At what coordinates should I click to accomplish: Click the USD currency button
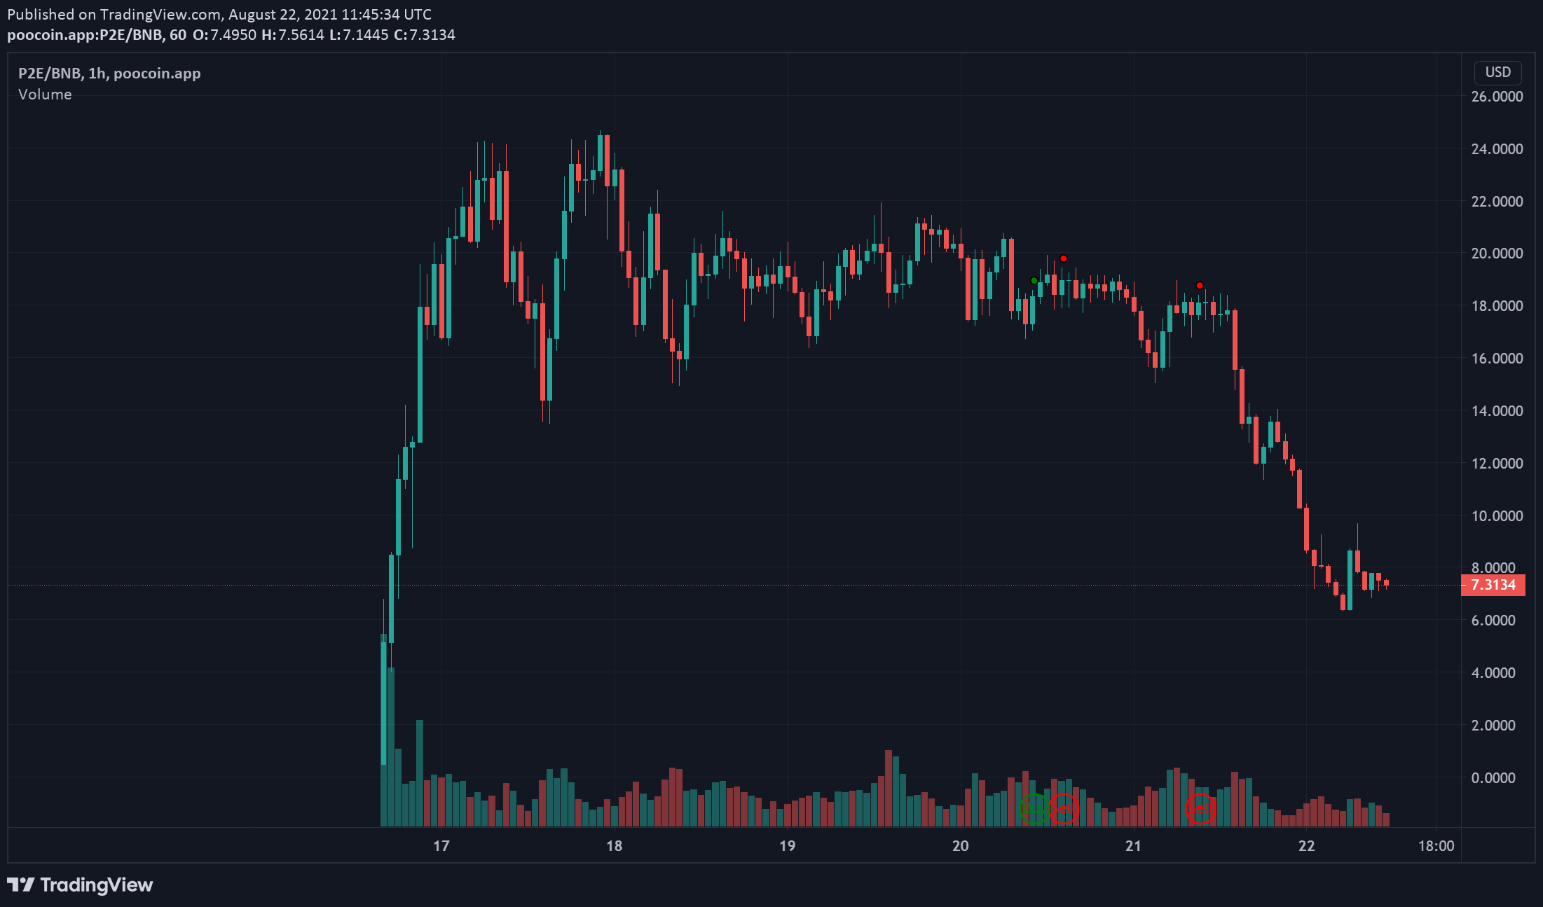pyautogui.click(x=1497, y=72)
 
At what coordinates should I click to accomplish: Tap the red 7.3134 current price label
pyautogui.click(x=1493, y=585)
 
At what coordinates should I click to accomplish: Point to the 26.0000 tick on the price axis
pyautogui.click(x=1497, y=97)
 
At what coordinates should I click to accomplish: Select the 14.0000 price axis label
pyautogui.click(x=1497, y=411)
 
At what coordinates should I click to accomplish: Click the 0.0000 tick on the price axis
pyautogui.click(x=1497, y=777)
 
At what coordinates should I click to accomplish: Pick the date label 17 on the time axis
pyautogui.click(x=441, y=846)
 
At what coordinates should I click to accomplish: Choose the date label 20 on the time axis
pyautogui.click(x=960, y=846)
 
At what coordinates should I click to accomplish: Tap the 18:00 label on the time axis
pyautogui.click(x=1436, y=846)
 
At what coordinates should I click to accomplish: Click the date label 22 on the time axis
pyautogui.click(x=1306, y=846)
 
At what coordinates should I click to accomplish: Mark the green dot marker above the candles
pyautogui.click(x=1034, y=281)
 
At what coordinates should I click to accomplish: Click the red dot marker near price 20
pyautogui.click(x=1064, y=259)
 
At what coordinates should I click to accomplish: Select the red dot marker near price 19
pyautogui.click(x=1200, y=286)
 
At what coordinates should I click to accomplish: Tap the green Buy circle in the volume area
pyautogui.click(x=1035, y=809)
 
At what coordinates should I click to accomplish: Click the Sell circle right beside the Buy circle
pyautogui.click(x=1064, y=809)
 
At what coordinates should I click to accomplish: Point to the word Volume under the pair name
pyautogui.click(x=45, y=95)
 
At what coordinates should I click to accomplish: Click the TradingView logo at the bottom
pyautogui.click(x=80, y=885)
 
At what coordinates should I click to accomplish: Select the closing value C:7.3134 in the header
pyautogui.click(x=425, y=35)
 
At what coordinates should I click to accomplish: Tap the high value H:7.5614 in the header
pyautogui.click(x=293, y=35)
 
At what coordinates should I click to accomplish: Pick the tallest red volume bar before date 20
pyautogui.click(x=889, y=788)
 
